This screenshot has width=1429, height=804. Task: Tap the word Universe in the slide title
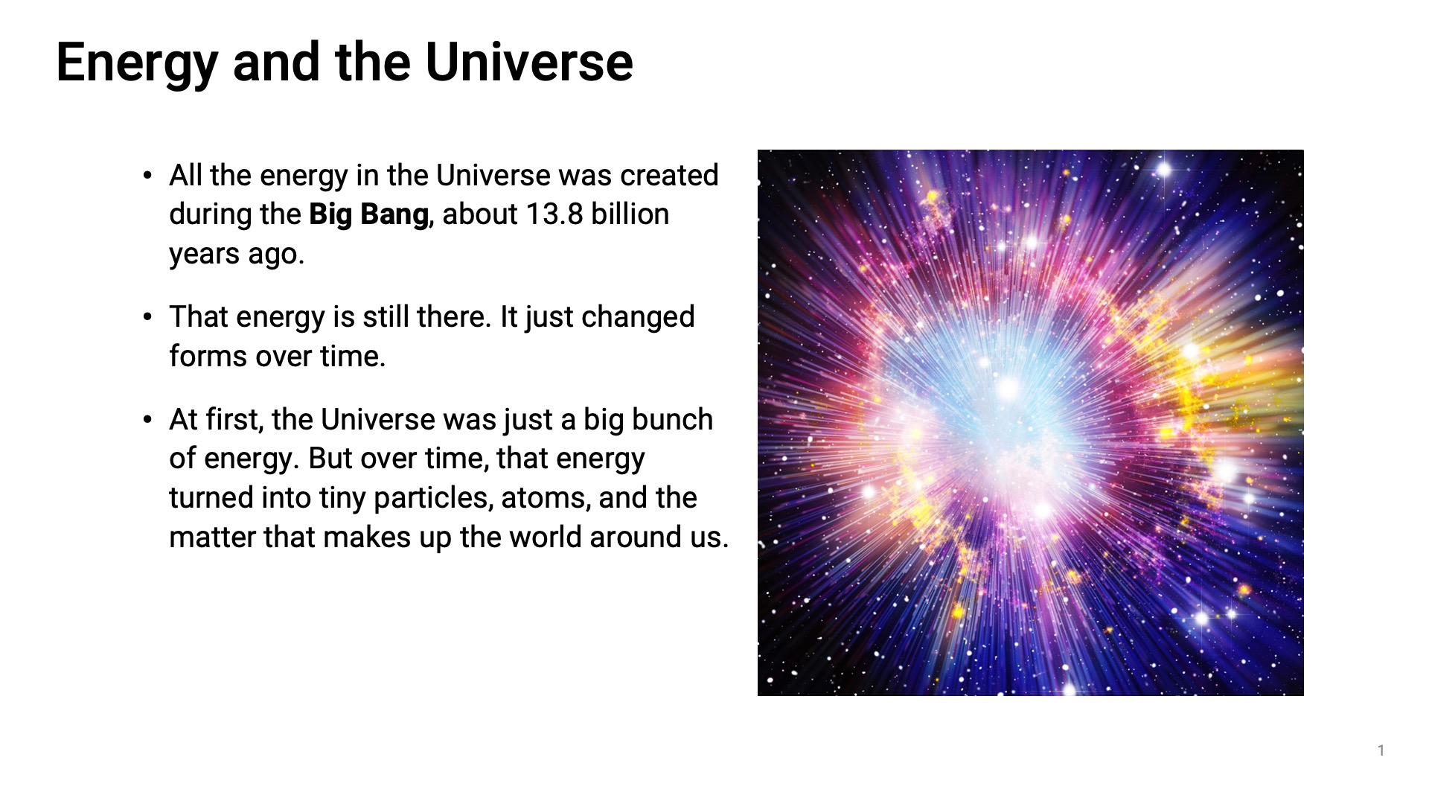(529, 62)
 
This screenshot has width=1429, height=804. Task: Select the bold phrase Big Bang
(368, 215)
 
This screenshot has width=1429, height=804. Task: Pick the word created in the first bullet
(669, 175)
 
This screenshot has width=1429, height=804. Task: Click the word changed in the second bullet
(638, 318)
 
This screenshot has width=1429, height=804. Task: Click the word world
(546, 537)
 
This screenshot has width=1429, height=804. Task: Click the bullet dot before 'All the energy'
(147, 176)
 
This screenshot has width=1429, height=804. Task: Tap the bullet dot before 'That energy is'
(147, 318)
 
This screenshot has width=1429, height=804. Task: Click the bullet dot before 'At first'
(147, 421)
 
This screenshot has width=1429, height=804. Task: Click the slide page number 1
(1381, 750)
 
